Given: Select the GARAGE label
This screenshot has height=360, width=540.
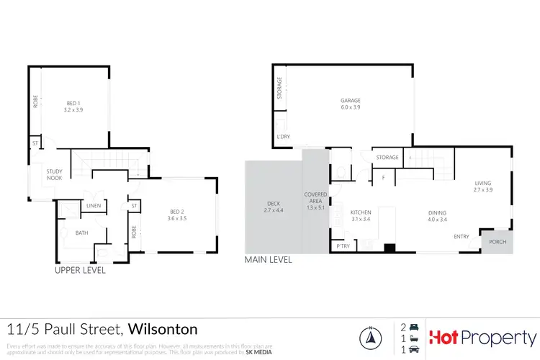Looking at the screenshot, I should point(351,101).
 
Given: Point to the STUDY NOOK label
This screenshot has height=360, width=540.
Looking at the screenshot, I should point(55,175).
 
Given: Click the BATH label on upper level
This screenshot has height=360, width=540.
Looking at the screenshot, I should point(82,233).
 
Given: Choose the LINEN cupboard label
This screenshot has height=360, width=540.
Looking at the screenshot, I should point(94,207).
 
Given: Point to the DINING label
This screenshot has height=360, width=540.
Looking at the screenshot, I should point(437,213).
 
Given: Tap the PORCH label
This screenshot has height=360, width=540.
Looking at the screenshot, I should point(498,242).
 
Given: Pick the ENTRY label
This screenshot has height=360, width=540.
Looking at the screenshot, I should point(462,236).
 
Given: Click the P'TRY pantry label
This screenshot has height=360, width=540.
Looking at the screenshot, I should point(343,246).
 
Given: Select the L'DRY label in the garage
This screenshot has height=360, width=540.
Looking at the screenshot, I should point(283,137).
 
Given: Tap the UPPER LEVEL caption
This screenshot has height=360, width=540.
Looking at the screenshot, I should point(81,271).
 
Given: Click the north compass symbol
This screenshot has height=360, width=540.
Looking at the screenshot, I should point(369,336).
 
